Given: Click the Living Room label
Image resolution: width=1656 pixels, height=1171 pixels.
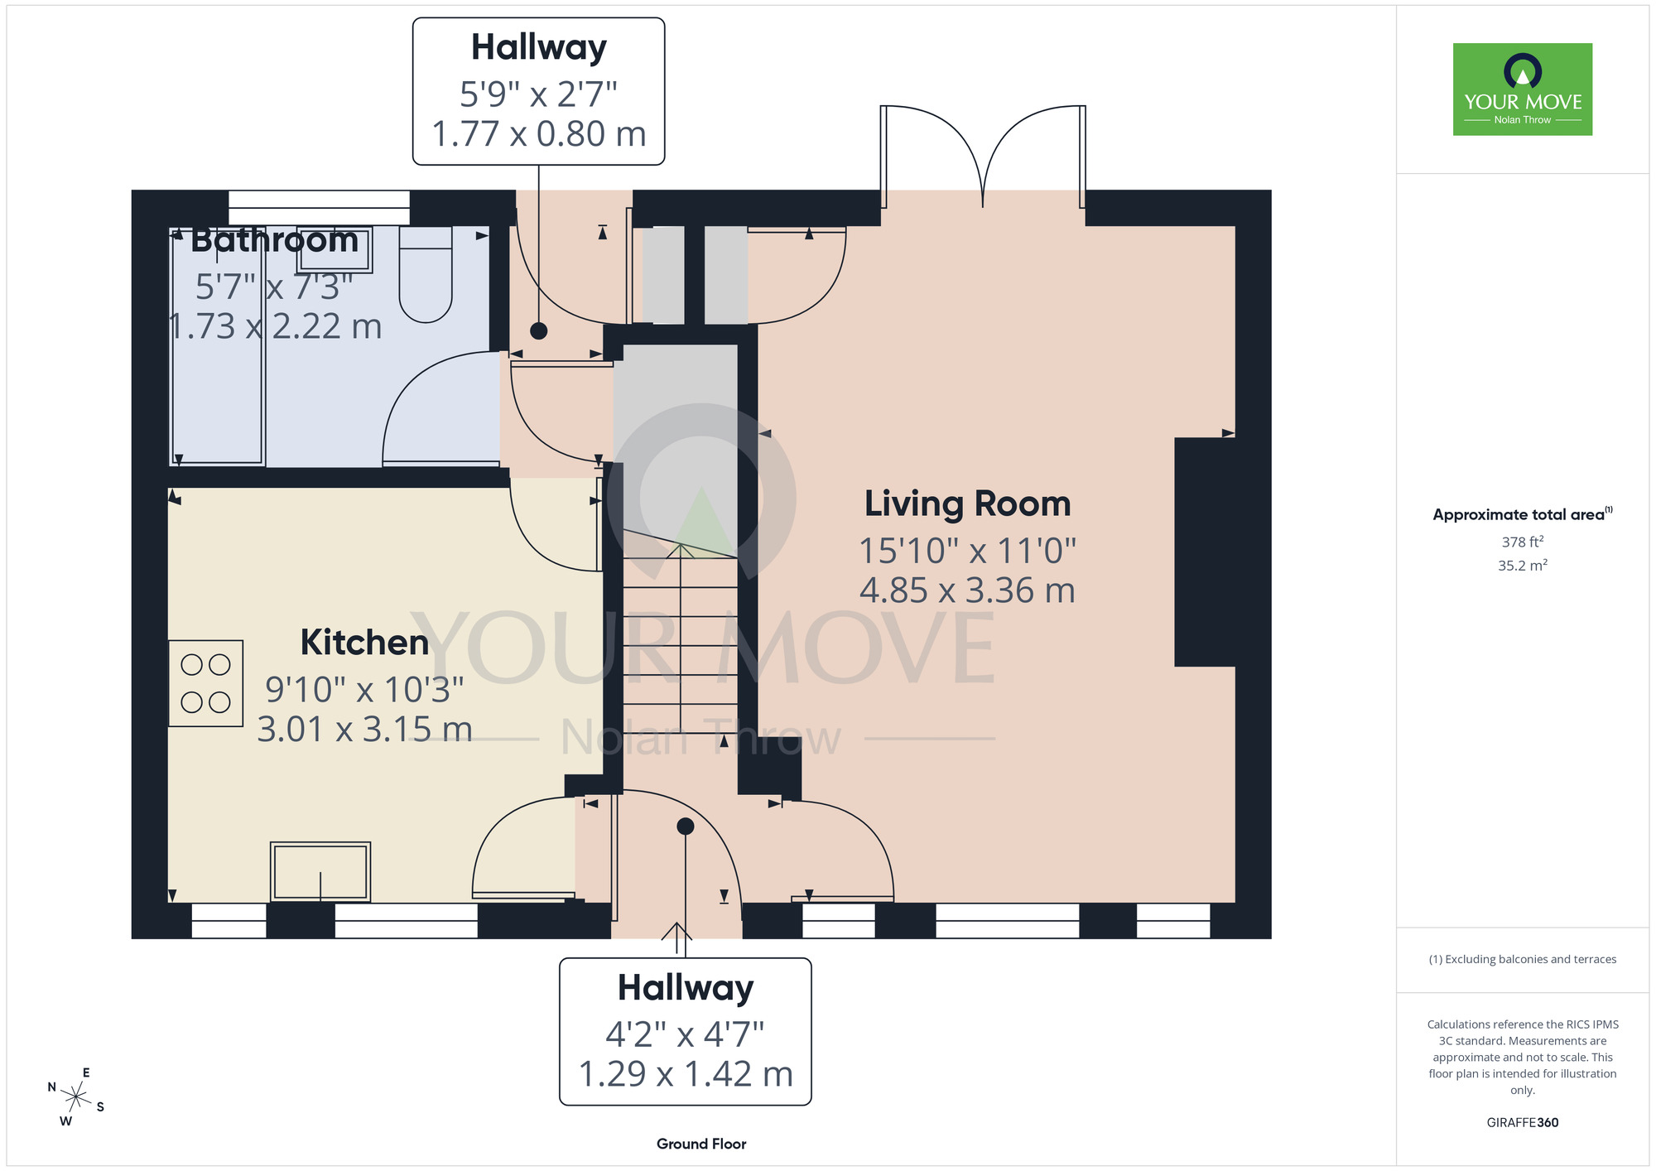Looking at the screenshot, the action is [x=967, y=504].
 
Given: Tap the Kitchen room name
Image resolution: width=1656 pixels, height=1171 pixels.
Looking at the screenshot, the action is [x=364, y=643].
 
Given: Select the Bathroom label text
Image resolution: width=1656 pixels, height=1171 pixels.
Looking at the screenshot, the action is [x=274, y=240].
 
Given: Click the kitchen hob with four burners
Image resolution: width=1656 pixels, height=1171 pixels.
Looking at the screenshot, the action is [x=205, y=683].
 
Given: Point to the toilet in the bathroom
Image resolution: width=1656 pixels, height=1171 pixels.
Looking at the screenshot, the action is [x=426, y=273].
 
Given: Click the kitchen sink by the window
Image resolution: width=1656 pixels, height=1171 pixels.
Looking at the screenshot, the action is [x=320, y=871].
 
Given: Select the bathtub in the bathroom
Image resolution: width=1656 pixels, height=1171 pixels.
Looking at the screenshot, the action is [x=217, y=345].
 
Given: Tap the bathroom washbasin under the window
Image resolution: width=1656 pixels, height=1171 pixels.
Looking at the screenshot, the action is [x=335, y=248].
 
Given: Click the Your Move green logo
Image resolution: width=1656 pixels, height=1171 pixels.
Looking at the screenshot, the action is [x=1523, y=89].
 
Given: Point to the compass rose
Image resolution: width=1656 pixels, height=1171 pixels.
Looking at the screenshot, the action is [x=75, y=1098].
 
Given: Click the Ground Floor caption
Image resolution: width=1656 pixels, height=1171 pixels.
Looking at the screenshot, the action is [x=701, y=1144].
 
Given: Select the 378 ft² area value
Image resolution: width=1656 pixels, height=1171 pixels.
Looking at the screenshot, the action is [x=1523, y=542].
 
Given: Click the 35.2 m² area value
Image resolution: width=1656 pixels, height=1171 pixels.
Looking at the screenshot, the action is [x=1523, y=566].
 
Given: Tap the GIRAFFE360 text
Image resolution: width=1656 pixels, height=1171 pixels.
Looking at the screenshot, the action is [x=1523, y=1123].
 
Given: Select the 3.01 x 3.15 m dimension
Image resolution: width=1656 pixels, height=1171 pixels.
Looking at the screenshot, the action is [x=364, y=730].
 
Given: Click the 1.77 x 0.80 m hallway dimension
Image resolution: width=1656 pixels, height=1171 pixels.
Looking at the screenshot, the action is [x=539, y=134].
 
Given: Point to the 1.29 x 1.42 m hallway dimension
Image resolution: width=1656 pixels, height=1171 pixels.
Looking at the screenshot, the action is [x=686, y=1074].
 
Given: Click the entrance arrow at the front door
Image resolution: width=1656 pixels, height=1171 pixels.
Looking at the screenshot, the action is [x=677, y=939].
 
